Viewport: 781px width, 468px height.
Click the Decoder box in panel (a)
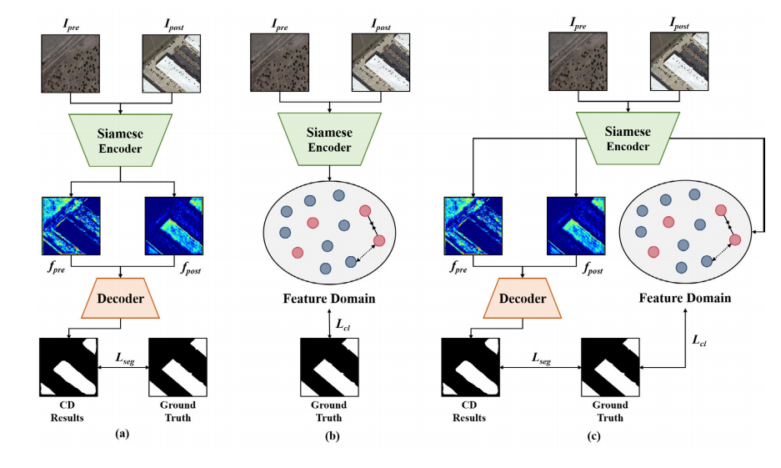tap(123, 298)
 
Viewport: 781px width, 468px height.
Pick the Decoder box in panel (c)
tap(522, 298)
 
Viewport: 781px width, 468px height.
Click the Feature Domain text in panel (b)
tap(329, 299)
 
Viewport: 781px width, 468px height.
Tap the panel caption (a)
tap(123, 433)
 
